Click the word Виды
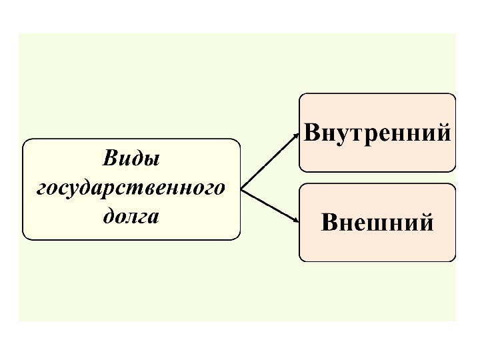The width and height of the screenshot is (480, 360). coord(131,159)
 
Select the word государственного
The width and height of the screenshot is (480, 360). coord(131,189)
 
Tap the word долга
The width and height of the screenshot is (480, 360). coord(131,217)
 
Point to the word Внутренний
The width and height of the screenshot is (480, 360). coord(377,132)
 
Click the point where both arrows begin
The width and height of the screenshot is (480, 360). coord(241,189)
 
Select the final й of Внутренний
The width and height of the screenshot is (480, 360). coord(443,132)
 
